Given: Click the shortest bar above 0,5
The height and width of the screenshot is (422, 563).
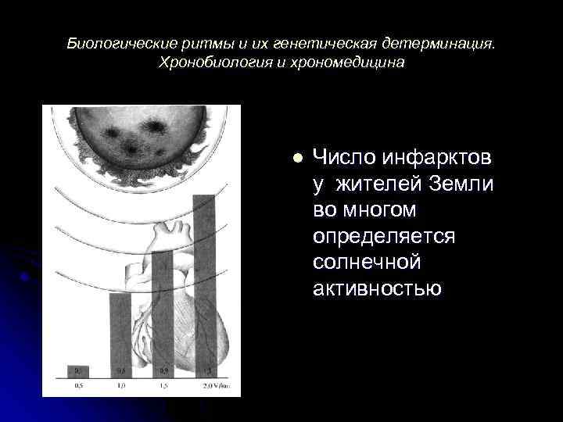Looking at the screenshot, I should point(78,371).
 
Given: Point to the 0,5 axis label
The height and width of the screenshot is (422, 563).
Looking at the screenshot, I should point(78,385).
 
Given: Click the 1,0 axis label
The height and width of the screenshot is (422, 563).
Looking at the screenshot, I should point(120,385).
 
